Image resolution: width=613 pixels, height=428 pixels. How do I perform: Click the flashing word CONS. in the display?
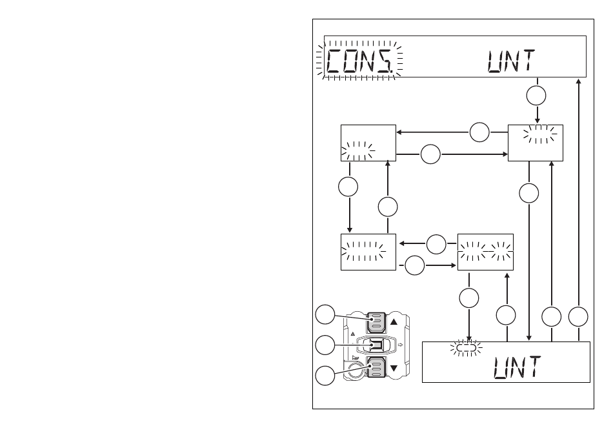[359, 61]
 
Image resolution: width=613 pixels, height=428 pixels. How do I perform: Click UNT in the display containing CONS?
[511, 61]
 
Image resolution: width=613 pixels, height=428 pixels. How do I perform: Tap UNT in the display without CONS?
[518, 367]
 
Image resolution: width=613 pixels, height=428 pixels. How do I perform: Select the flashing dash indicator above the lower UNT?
[466, 347]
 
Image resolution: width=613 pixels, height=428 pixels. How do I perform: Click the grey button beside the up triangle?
[377, 322]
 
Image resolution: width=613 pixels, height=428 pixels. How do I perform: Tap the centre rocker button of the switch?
[376, 345]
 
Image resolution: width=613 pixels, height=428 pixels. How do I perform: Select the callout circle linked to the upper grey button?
[325, 314]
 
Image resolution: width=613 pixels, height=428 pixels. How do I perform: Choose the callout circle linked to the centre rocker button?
[325, 345]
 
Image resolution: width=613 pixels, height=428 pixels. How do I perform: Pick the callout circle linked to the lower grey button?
[325, 376]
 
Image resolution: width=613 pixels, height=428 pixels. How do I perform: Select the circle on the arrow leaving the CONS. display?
[536, 96]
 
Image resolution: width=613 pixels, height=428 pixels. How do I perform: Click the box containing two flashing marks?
[485, 252]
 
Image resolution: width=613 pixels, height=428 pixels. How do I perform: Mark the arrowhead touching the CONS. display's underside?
[579, 81]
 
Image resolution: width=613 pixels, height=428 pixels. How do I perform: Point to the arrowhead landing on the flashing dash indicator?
[469, 339]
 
